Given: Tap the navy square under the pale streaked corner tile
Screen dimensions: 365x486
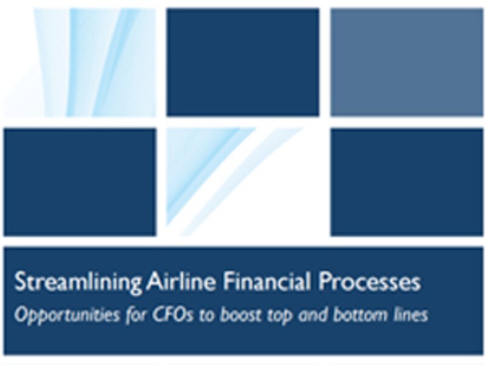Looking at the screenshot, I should point(80,182).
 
